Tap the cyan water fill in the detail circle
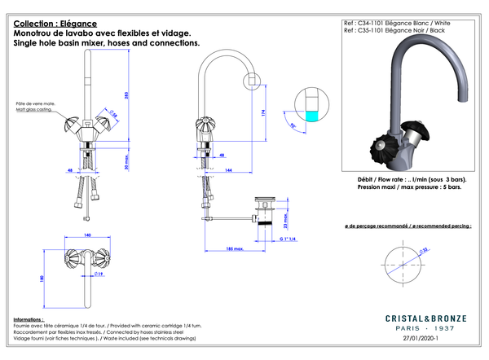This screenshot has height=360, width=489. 308,116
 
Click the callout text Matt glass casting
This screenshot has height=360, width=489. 33,108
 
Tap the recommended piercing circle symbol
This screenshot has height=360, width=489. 402,262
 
